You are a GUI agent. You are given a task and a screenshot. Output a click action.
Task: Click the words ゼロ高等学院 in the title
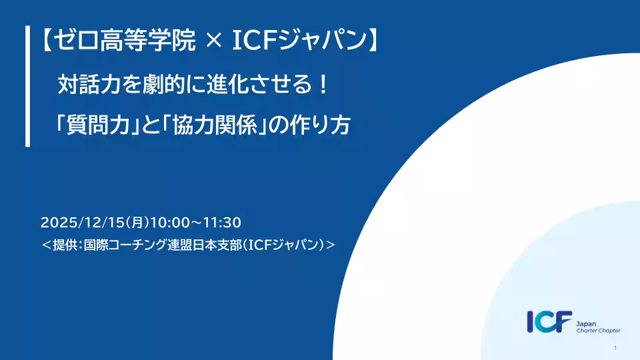125,40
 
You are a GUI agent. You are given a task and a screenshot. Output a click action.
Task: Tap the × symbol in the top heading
213,41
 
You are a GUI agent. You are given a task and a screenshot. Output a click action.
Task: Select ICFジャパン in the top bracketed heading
299,40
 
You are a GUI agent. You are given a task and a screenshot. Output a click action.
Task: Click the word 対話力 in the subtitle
89,85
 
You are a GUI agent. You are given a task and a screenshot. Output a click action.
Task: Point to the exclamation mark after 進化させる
323,85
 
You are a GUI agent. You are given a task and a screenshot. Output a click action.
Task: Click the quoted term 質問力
97,125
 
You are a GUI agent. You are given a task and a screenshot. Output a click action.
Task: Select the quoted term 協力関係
215,125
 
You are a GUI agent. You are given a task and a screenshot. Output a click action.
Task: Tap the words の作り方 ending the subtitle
309,125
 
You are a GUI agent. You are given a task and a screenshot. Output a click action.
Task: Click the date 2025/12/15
82,223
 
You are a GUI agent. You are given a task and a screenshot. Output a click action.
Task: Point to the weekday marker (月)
137,223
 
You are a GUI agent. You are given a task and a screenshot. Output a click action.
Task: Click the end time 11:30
222,223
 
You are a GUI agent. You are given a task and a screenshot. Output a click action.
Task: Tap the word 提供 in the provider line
67,245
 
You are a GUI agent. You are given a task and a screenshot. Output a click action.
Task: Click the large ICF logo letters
549,321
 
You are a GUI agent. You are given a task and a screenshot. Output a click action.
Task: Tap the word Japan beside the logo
586,324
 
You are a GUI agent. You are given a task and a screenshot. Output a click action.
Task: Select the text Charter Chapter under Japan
599,331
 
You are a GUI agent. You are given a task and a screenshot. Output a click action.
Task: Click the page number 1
615,348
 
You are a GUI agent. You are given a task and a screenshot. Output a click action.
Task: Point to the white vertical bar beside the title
28,86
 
